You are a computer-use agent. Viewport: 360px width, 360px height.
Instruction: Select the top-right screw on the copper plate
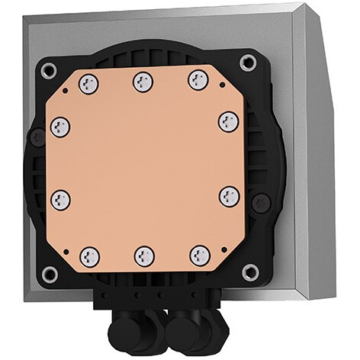point(198,79)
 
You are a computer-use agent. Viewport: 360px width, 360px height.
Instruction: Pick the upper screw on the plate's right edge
point(228,120)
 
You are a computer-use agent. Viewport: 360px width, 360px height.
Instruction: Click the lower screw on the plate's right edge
point(228,196)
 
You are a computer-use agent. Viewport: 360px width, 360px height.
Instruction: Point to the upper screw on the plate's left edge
point(60,127)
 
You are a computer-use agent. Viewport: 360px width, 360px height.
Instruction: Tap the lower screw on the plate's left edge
point(61,201)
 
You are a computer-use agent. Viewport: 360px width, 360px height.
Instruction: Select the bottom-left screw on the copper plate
point(89,256)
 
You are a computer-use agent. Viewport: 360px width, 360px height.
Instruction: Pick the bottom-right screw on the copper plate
point(199,256)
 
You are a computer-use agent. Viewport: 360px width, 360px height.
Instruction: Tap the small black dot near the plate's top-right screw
point(220,86)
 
